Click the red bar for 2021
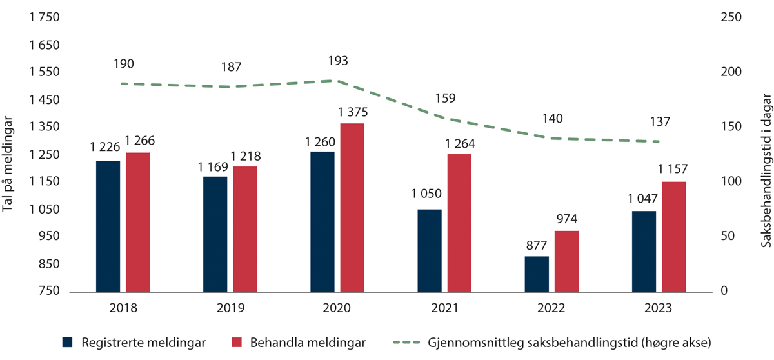coord(459,223)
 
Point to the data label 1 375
coord(352,112)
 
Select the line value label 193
coord(337,61)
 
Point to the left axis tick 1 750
coord(45,18)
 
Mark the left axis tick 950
coord(48,237)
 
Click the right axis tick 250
coord(731,18)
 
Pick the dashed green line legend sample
coord(408,341)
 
